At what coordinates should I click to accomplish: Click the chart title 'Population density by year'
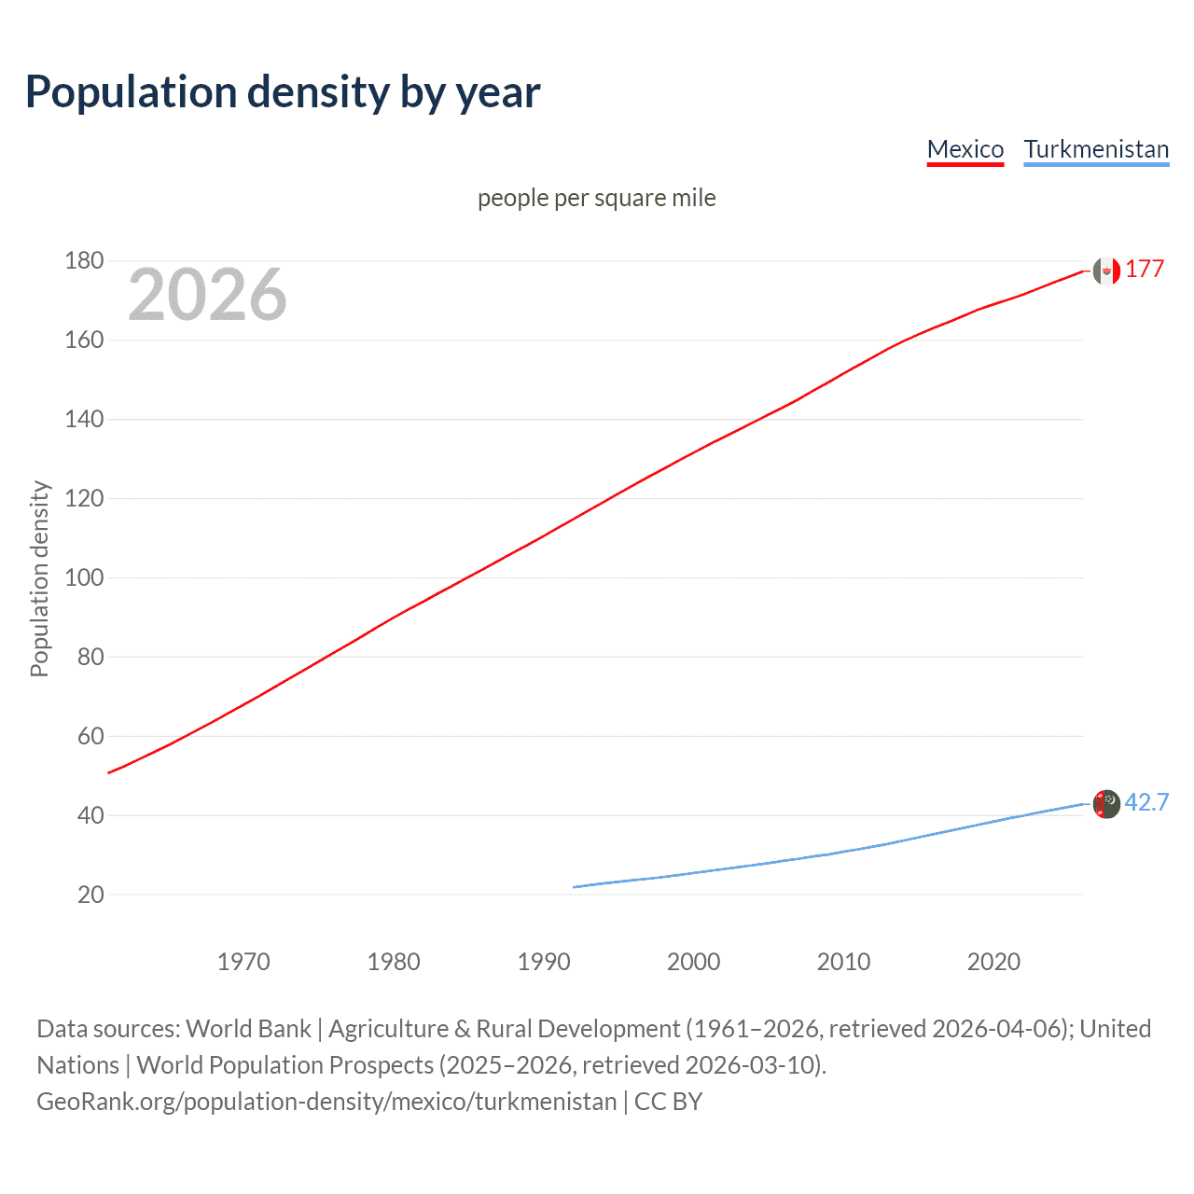coord(283,92)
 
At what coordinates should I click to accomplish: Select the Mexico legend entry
coord(965,149)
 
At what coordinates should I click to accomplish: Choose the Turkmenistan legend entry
coord(1096,149)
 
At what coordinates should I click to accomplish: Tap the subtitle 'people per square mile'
coord(596,198)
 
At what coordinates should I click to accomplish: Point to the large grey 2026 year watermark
coord(207,295)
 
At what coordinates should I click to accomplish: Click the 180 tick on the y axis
coord(84,260)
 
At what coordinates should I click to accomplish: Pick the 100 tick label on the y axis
coord(84,577)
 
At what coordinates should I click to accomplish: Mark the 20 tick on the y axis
coord(90,895)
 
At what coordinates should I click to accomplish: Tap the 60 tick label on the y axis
coord(90,736)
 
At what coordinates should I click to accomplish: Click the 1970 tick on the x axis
coord(243,962)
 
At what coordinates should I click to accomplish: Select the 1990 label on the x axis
coord(544,962)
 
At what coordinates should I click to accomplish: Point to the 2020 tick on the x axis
coord(993,962)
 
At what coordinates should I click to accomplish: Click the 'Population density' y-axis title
coord(39,578)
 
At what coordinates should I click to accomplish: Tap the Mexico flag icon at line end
coord(1105,271)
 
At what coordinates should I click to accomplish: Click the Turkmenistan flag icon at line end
coord(1105,803)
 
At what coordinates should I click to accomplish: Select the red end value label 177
coord(1145,270)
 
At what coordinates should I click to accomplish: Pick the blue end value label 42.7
coord(1146,802)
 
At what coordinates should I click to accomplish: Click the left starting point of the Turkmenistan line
coord(575,887)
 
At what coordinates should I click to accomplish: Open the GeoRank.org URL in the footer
coord(326,1102)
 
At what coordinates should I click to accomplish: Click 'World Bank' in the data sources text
coord(248,1029)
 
